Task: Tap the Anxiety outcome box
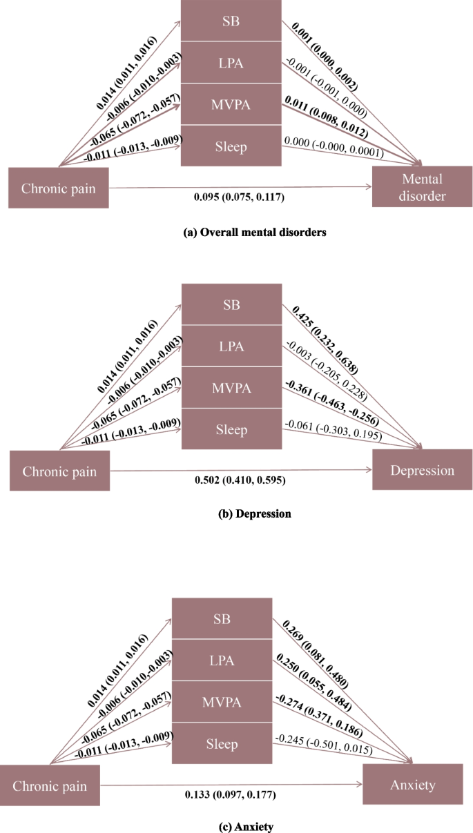[413, 784]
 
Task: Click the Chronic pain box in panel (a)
[59, 187]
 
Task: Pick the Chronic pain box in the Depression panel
[59, 471]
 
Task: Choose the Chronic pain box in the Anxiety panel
[53, 785]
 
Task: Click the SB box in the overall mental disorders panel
[231, 21]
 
